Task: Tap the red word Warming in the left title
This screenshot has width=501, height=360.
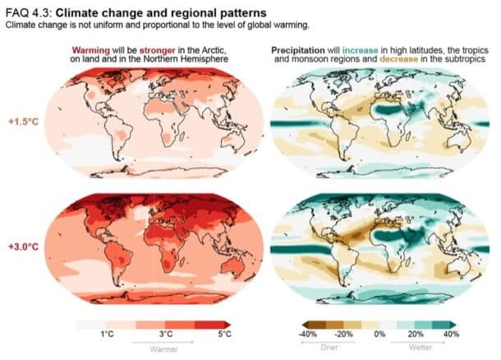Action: [x=92, y=51]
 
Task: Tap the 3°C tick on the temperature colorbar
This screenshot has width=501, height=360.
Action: [x=165, y=335]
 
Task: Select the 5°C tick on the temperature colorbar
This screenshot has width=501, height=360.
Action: [x=224, y=335]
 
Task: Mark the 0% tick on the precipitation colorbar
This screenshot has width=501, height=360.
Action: [x=381, y=335]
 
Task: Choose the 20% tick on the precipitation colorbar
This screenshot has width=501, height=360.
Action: [x=416, y=335]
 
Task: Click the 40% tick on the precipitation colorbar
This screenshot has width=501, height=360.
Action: [x=451, y=335]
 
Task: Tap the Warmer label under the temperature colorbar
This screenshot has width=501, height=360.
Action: [x=165, y=347]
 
